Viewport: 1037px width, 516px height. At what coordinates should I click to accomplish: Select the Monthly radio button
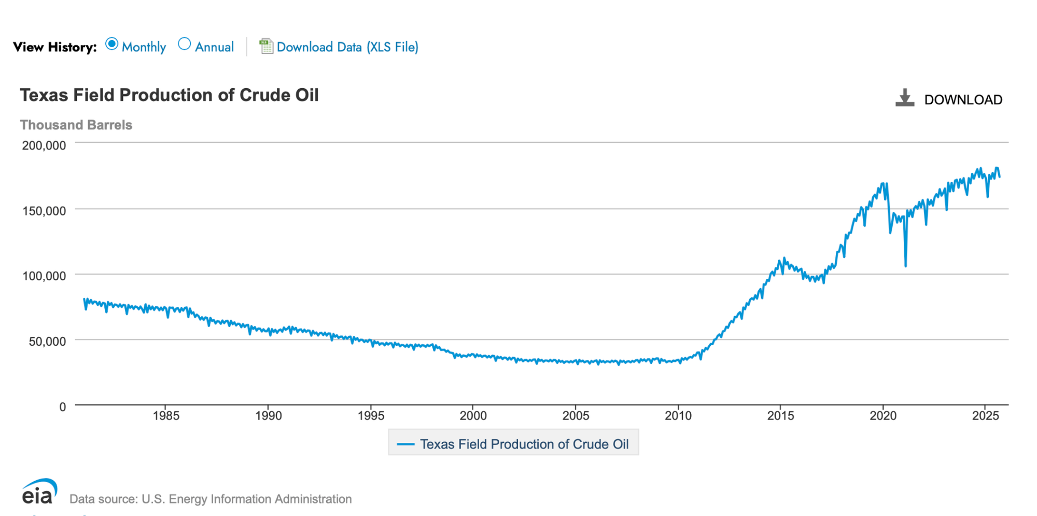[111, 45]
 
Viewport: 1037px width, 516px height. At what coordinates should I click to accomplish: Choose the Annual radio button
[184, 45]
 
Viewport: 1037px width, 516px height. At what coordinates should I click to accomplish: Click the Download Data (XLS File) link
[347, 47]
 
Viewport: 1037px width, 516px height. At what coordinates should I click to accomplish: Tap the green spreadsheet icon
[266, 46]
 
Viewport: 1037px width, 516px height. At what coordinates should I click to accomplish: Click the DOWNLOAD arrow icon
[905, 98]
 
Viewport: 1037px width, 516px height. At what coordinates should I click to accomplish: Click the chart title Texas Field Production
[169, 96]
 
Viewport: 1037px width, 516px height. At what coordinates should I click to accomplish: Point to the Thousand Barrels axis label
[76, 125]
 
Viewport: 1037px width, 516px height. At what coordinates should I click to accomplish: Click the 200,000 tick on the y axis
[44, 146]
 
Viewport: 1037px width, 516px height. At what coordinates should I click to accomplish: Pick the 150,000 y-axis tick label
[44, 211]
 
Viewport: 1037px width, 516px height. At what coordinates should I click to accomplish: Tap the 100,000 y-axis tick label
[44, 276]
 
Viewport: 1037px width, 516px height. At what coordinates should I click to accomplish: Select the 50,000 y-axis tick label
[47, 342]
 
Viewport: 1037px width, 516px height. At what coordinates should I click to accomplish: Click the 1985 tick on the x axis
[166, 416]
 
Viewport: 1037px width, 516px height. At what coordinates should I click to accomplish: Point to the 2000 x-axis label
[473, 416]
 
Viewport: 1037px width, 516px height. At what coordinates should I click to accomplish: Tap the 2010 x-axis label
[678, 416]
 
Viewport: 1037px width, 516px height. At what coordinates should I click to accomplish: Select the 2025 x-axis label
[985, 416]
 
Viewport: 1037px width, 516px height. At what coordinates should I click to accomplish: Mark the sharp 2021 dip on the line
[905, 265]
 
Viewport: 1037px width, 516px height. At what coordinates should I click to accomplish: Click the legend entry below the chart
[513, 444]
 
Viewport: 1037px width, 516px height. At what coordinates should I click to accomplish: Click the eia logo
[39, 492]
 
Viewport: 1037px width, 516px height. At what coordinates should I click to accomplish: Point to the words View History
[55, 47]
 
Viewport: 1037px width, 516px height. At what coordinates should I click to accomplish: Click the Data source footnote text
[211, 499]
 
